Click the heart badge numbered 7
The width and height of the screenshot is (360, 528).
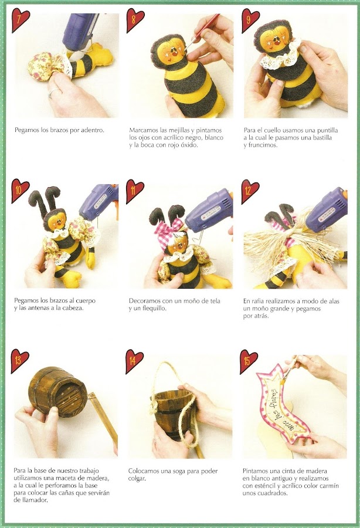coord(19,19)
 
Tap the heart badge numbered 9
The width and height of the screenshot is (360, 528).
coord(250,19)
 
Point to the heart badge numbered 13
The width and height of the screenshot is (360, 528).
coord(19,360)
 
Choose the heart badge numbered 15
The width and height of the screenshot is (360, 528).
coord(248,361)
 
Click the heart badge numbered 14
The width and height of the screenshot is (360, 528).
coord(134,361)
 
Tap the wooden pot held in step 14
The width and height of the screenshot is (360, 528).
coord(171,414)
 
